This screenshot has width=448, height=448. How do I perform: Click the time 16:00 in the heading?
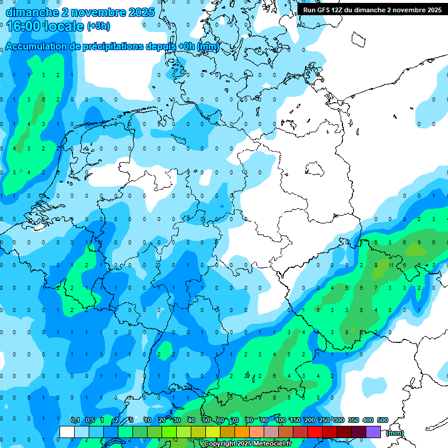(x=26, y=26)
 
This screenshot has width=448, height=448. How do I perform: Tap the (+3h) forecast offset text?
(x=98, y=26)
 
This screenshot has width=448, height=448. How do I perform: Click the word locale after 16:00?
(x=65, y=26)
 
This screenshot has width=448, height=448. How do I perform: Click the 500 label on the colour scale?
(x=383, y=421)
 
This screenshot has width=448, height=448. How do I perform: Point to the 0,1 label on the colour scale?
(x=75, y=421)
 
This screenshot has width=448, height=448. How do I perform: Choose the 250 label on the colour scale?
(x=324, y=421)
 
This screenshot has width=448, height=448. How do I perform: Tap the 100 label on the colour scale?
(x=280, y=421)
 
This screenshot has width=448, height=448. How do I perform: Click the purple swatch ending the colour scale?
(x=374, y=432)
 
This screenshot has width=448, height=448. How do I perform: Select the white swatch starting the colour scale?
(x=67, y=432)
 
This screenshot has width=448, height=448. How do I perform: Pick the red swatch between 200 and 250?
(x=315, y=432)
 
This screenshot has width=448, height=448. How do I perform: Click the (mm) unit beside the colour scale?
(x=394, y=433)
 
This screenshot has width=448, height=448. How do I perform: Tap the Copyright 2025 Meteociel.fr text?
(x=247, y=444)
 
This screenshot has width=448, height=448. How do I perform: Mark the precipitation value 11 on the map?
(x=391, y=265)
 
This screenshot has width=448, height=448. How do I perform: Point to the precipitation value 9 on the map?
(x=419, y=242)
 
